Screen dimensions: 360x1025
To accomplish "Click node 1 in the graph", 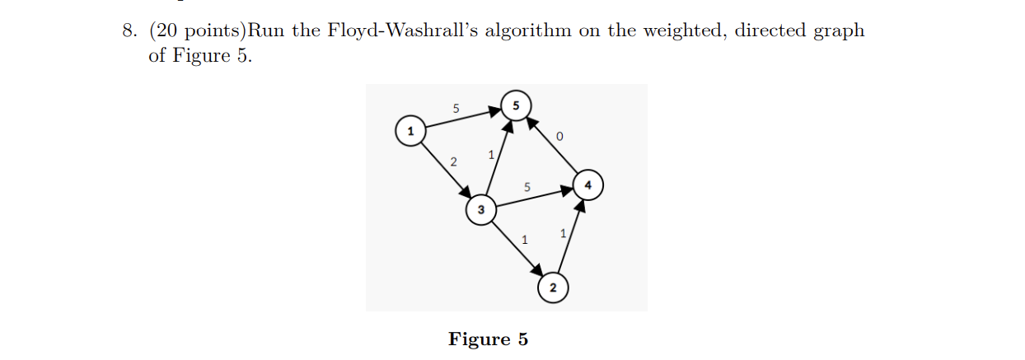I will click(410, 131).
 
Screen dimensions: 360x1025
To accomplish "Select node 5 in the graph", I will click(516, 106).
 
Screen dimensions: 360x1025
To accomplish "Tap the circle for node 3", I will click(480, 210).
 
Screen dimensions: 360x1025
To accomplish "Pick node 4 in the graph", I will click(587, 185).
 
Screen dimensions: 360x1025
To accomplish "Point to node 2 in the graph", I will click(552, 288).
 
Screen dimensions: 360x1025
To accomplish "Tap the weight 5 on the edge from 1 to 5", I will click(456, 108).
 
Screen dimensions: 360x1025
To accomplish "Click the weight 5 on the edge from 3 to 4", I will click(527, 188).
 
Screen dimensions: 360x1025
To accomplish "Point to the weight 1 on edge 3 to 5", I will click(490, 154).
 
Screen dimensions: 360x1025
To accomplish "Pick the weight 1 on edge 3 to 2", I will click(525, 241).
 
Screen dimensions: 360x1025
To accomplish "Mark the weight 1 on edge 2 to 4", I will click(562, 234).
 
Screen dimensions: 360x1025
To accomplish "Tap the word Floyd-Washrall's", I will click(386, 31).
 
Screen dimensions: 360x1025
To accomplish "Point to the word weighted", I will click(681, 31).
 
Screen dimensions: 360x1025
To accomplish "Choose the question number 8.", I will click(129, 31).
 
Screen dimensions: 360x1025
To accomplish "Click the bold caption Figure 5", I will click(488, 339).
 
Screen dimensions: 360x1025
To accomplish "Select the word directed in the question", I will click(770, 31).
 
